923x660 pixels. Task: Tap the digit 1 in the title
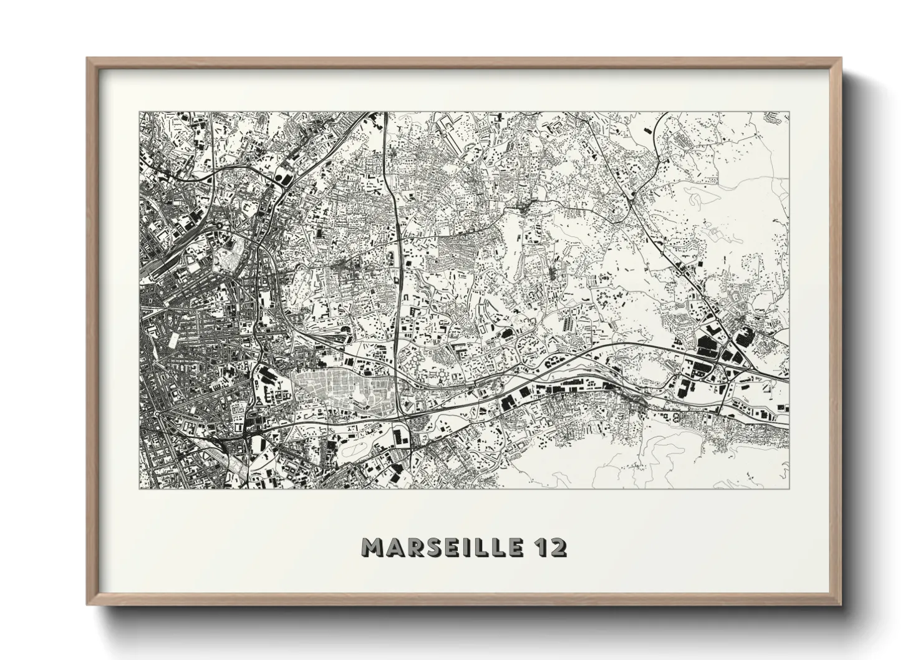coord(539,548)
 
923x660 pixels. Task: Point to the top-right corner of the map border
coord(789,112)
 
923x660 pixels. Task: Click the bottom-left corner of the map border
coord(139,488)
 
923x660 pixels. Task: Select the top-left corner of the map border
coord(139,112)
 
